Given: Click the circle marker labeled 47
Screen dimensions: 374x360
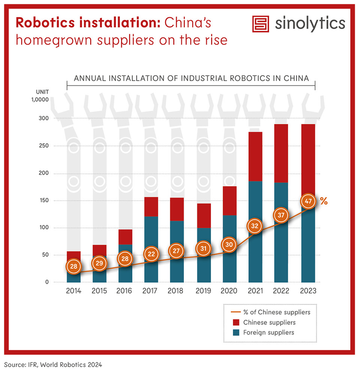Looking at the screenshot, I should tap(308, 201).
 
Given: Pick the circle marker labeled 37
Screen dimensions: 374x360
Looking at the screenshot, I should tap(281, 215).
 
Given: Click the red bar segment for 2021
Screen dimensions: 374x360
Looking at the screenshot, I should tap(256, 156).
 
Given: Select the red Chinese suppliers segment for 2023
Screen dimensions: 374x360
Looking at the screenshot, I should tap(308, 157).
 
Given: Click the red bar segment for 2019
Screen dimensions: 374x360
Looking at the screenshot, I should tap(203, 215).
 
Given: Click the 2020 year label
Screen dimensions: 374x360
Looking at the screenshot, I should tap(230, 291).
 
